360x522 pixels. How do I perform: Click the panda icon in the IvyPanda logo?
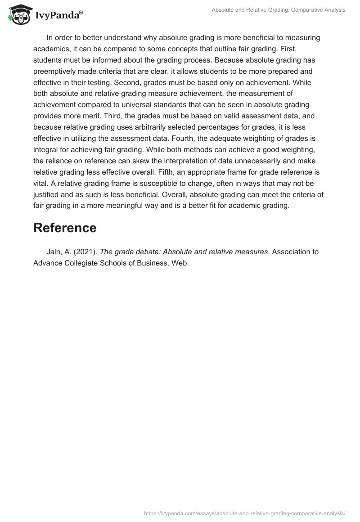click(17, 14)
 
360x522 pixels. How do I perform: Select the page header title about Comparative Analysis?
click(279, 10)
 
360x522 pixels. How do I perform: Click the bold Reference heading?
click(65, 228)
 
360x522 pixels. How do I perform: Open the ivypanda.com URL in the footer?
click(244, 513)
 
